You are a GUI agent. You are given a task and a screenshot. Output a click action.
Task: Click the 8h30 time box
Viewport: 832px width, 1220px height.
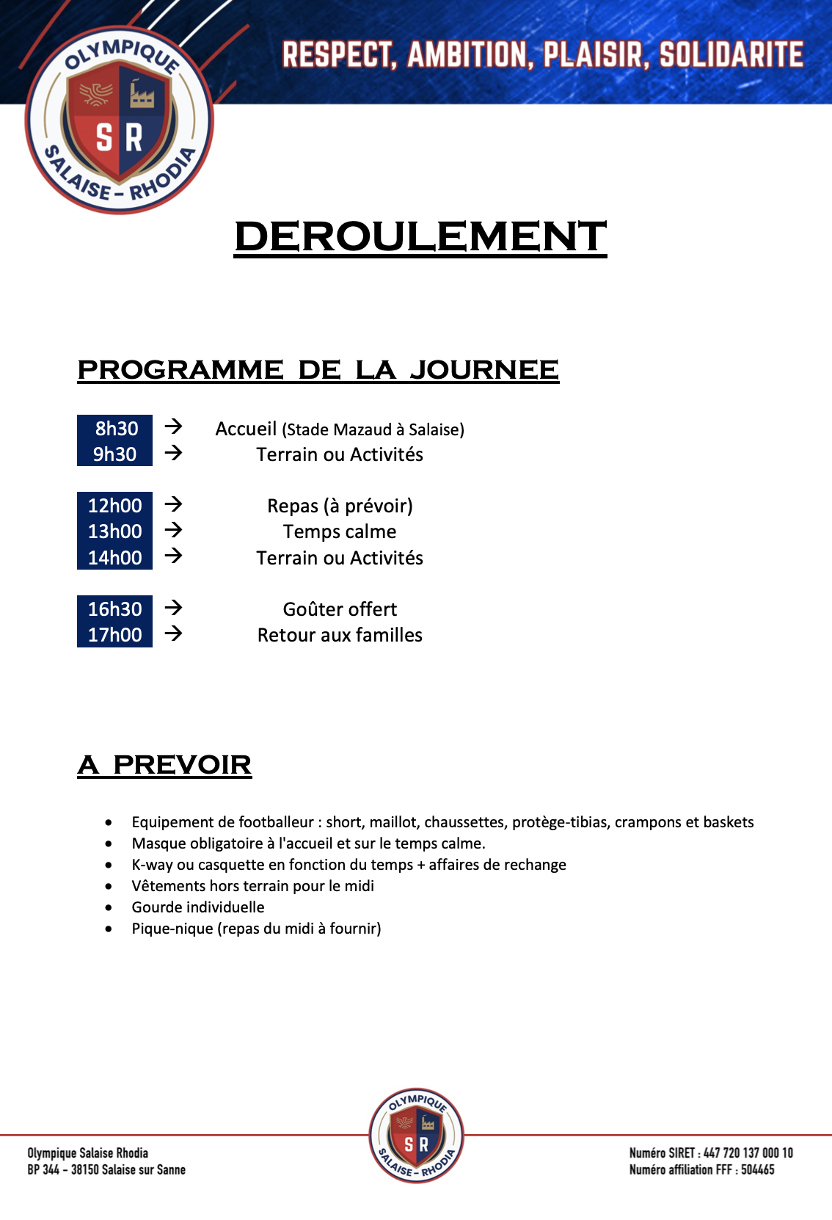[x=115, y=428]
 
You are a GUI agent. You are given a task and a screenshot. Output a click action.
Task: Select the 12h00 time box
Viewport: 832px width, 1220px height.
[x=115, y=505]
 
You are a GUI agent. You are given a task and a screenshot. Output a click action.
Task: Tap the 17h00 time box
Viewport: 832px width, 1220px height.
[x=115, y=634]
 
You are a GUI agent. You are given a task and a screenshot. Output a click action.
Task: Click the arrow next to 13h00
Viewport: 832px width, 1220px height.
[x=173, y=530]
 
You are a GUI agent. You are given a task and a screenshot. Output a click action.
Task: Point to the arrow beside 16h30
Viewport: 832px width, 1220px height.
[x=173, y=608]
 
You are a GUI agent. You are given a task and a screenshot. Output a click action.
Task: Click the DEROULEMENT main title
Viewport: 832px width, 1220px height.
[x=420, y=236]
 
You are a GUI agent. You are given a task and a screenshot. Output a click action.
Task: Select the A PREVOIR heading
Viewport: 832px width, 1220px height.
[x=165, y=765]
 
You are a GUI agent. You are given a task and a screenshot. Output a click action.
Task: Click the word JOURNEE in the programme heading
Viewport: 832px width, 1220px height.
[x=484, y=369]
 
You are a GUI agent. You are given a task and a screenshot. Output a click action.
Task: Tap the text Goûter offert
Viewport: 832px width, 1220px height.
[x=340, y=609]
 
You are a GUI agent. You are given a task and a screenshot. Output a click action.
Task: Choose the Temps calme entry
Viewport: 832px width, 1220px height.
[x=340, y=531]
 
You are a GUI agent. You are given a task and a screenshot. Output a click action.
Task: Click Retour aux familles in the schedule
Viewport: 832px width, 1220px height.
[x=340, y=635]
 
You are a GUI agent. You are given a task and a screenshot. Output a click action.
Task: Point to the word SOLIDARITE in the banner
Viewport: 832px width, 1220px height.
[x=731, y=55]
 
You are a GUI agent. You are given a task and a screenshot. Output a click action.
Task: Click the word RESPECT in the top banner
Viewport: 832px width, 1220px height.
[x=339, y=55]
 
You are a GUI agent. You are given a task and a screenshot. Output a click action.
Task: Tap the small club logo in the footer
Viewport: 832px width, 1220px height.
[x=416, y=1136]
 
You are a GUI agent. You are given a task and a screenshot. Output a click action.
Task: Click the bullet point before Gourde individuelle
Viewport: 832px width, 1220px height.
[x=109, y=908]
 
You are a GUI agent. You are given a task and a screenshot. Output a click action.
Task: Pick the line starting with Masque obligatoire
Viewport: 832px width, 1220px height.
[x=308, y=843]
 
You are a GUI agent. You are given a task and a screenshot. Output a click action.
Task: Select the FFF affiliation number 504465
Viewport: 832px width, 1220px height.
[x=757, y=1169]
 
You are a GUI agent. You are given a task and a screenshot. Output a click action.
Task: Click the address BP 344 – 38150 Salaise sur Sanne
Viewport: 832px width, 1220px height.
[x=106, y=1169]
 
